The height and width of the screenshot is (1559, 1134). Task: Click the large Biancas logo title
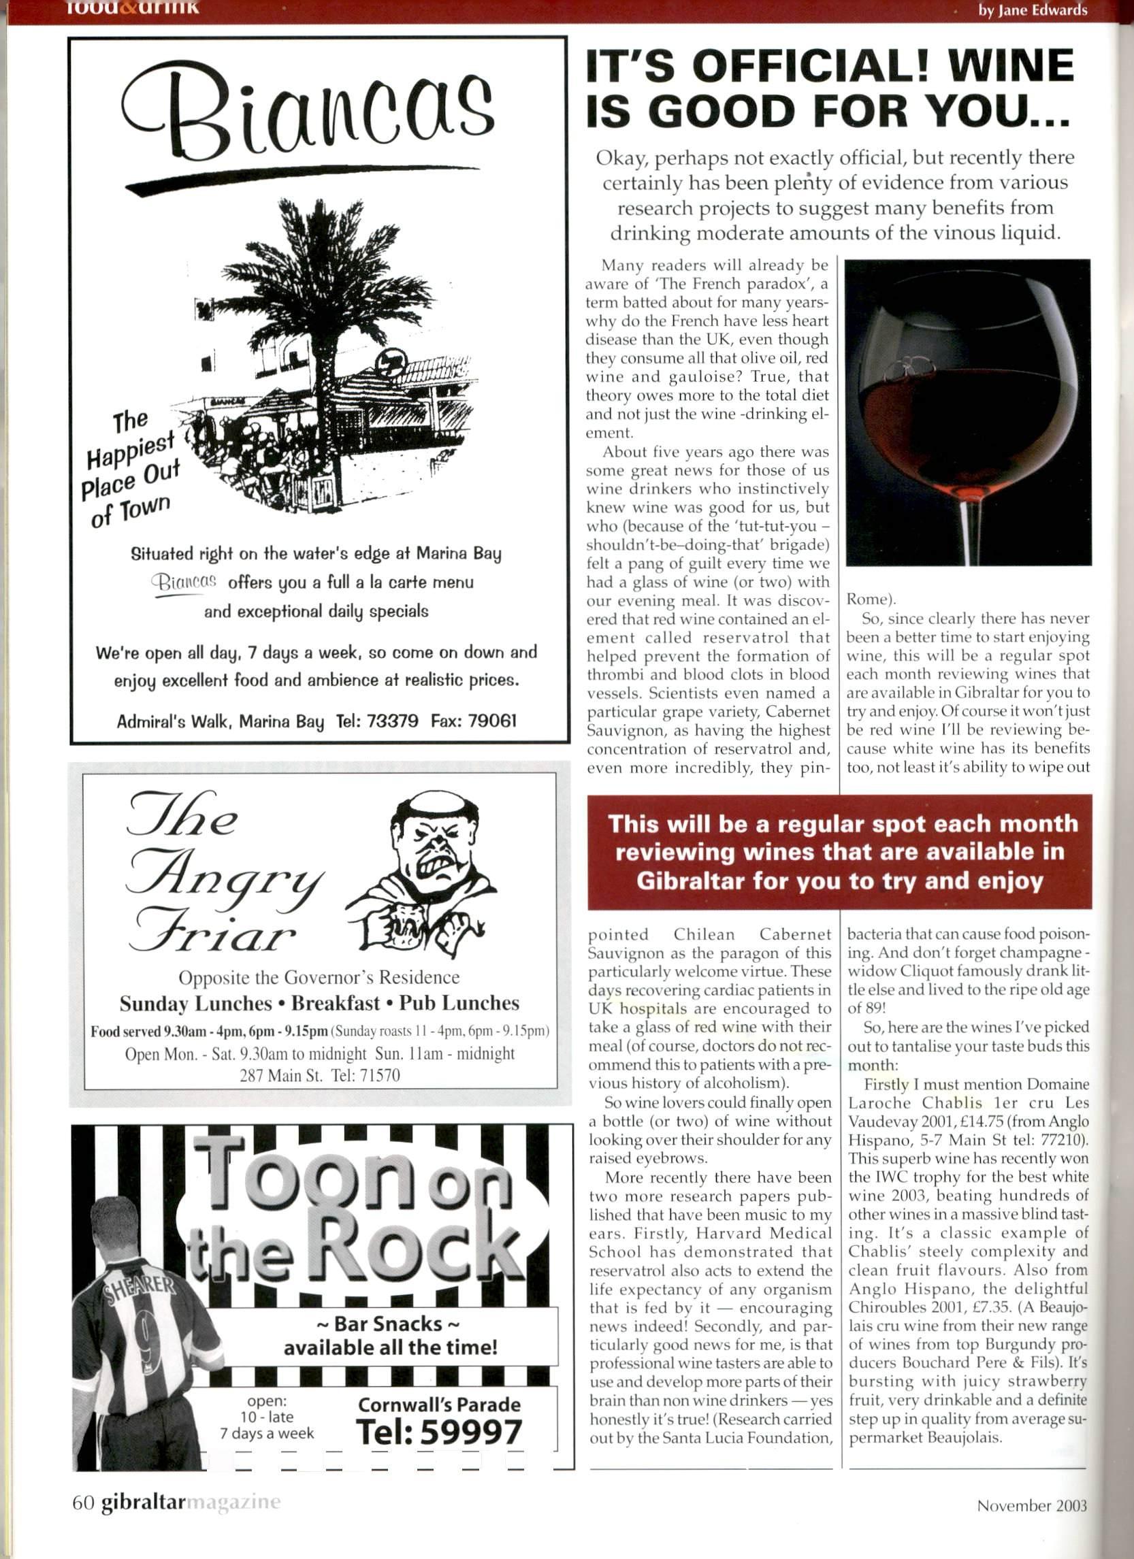click(x=308, y=111)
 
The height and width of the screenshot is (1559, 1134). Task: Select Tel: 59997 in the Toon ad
click(x=439, y=1432)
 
